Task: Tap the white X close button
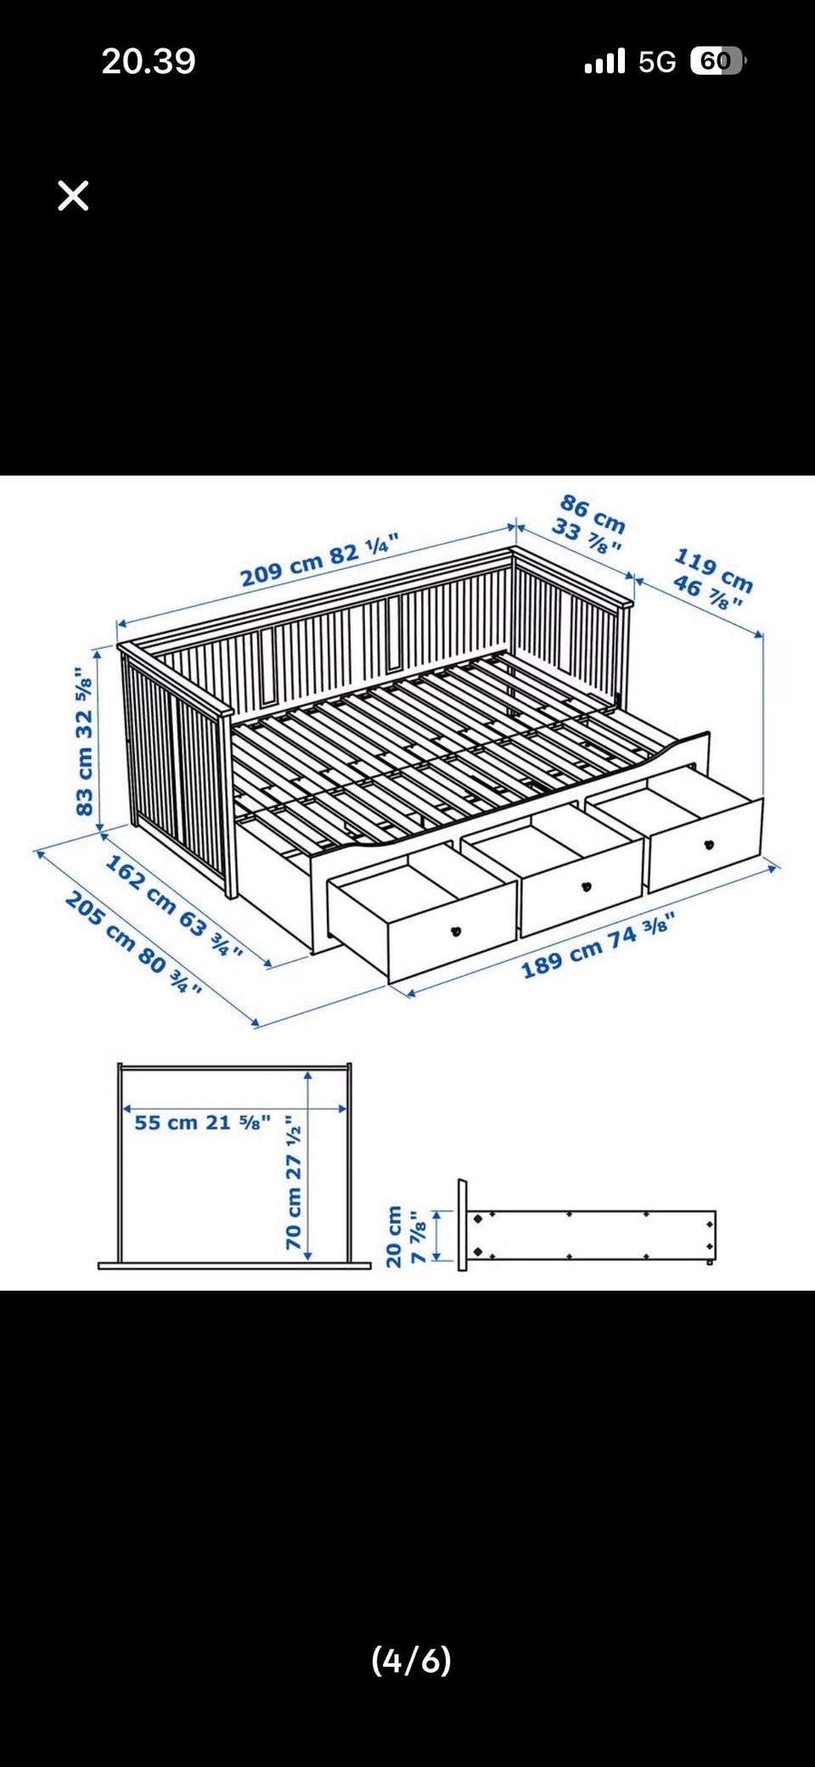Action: coord(73,195)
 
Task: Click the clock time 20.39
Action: coord(149,61)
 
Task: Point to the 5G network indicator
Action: coord(657,61)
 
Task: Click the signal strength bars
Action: coord(604,61)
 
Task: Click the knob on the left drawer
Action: coord(455,931)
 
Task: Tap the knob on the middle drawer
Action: coord(585,887)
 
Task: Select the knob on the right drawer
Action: coord(708,844)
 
